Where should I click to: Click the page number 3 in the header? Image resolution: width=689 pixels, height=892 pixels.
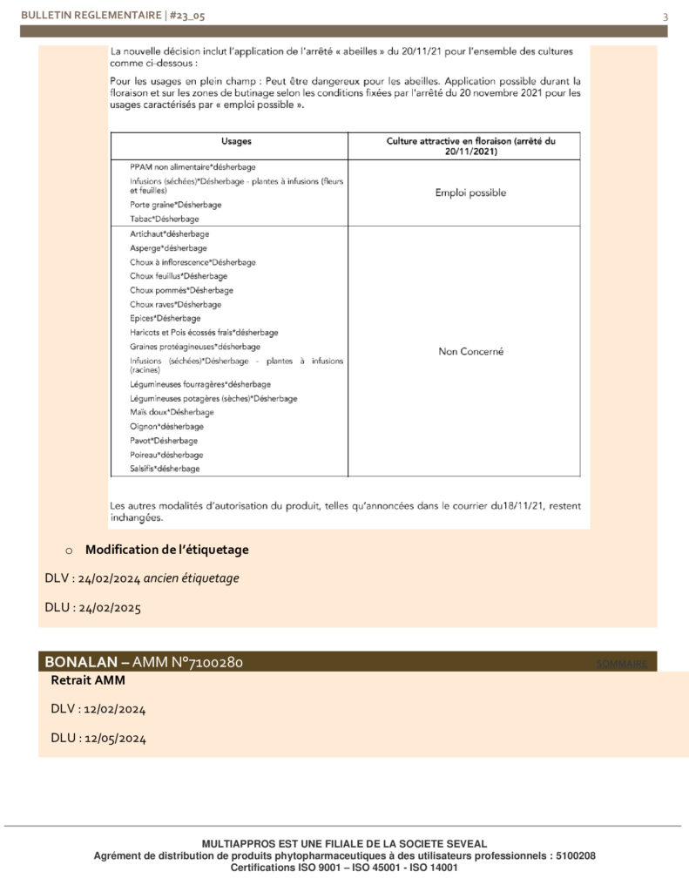point(665,17)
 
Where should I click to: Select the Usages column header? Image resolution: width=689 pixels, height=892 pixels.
point(229,140)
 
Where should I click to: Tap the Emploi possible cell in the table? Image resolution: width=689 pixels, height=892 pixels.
point(470,193)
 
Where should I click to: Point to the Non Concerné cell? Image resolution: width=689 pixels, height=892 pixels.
point(470,352)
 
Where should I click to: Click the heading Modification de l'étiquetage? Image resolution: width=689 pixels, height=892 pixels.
point(166,550)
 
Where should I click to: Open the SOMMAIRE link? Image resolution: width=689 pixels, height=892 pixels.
point(622,665)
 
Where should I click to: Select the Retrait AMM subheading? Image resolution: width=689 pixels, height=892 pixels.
point(88,680)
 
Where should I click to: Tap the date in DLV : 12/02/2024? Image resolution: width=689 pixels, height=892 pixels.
point(115,709)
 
